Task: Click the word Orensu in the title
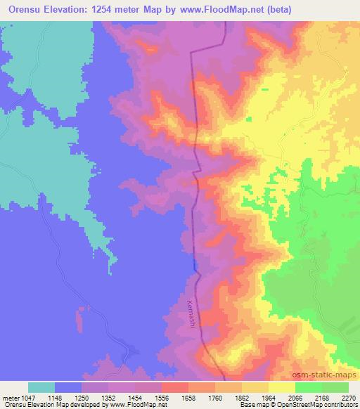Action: coord(29,11)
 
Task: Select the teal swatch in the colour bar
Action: coord(41,387)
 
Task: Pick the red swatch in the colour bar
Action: coord(175,387)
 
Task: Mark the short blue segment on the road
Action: coord(194,264)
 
